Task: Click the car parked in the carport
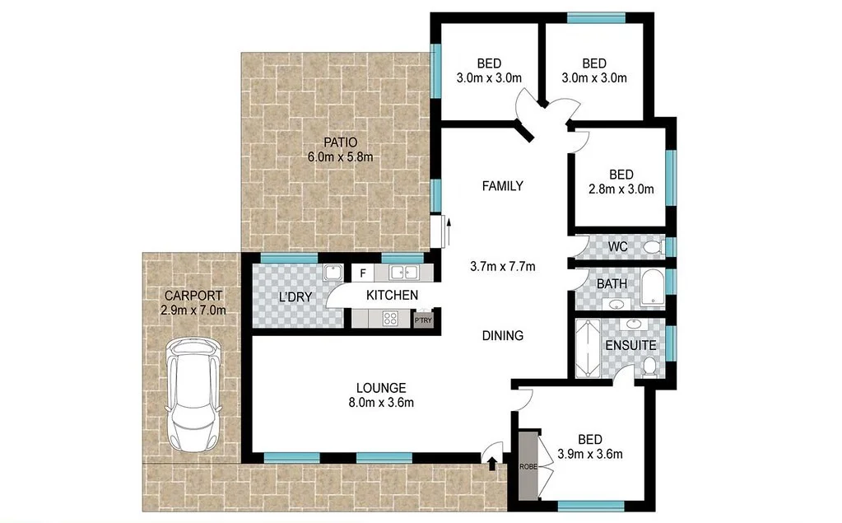[x=194, y=394]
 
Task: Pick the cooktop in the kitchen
[x=388, y=319]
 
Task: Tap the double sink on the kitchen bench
[x=403, y=273]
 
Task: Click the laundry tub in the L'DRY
[x=332, y=273]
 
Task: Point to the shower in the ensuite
[x=589, y=348]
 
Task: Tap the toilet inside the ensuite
[x=649, y=365]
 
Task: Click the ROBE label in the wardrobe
[x=527, y=466]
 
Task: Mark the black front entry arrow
[x=492, y=465]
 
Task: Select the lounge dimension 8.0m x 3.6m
[x=380, y=403]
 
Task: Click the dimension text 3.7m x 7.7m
[x=502, y=266]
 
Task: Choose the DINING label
[x=502, y=335]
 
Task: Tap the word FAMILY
[x=502, y=186]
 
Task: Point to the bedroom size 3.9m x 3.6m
[x=590, y=454]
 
